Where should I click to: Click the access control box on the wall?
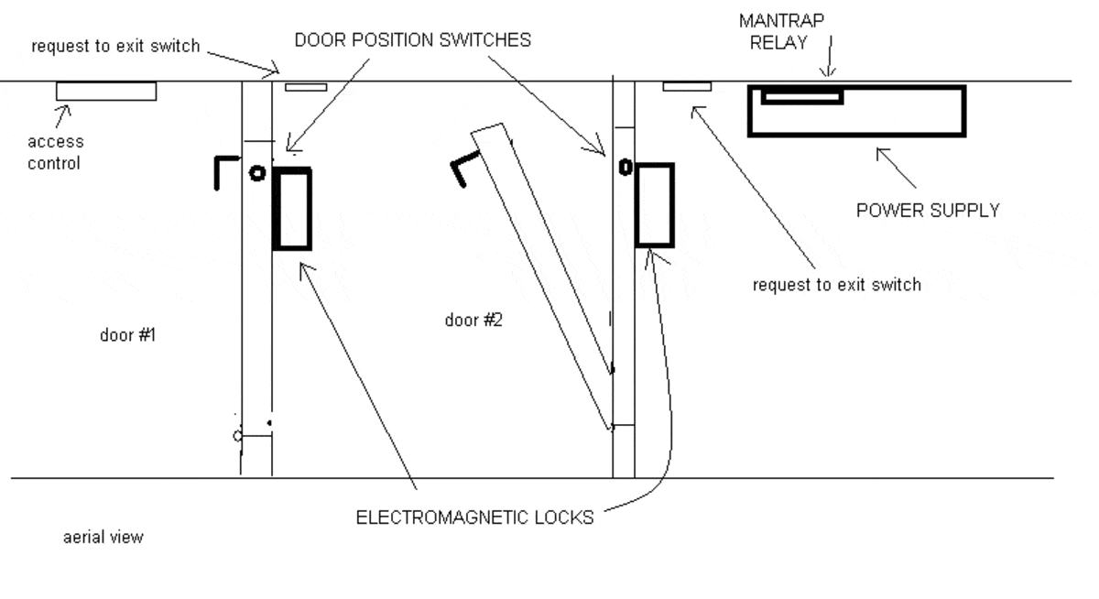tap(105, 91)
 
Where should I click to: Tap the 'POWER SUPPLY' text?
tap(927, 211)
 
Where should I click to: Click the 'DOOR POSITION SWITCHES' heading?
tap(412, 41)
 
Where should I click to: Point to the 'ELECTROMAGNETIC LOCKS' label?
tap(474, 518)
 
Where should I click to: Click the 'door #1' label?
tap(127, 335)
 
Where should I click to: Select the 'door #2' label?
tap(473, 321)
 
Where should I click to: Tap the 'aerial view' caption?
tap(103, 538)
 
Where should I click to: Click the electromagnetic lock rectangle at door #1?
tap(292, 208)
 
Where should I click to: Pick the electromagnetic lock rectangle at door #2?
tap(654, 205)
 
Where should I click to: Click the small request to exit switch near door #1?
tap(306, 87)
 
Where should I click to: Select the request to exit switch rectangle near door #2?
tap(686, 86)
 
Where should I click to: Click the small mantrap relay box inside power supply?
tap(801, 96)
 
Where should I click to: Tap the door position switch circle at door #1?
tap(257, 171)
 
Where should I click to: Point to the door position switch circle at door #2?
tap(626, 168)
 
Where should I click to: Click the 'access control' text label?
tap(55, 152)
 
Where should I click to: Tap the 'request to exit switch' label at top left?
tap(114, 46)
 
